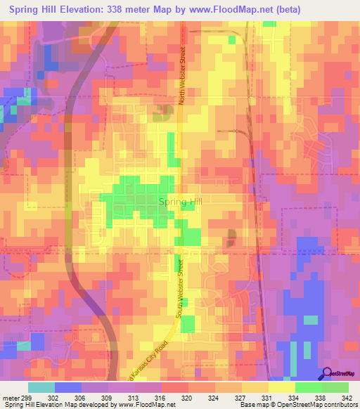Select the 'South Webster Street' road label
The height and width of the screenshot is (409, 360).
coord(181,287)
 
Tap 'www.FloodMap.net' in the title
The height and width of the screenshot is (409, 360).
coord(231,9)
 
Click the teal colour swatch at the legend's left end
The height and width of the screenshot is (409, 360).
coord(41,387)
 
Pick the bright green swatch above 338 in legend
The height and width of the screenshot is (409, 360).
coord(308,387)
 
